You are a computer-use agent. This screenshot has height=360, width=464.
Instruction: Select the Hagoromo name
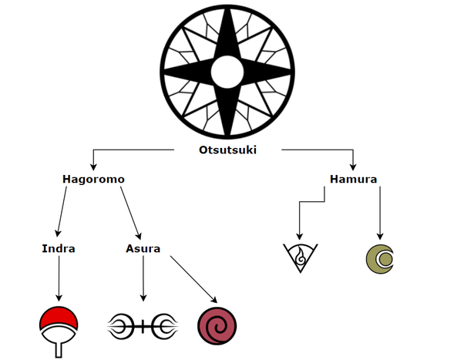pyautogui.click(x=93, y=180)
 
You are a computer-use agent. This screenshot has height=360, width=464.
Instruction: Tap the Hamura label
pyautogui.click(x=352, y=180)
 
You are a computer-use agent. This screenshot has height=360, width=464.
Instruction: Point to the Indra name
pyautogui.click(x=59, y=249)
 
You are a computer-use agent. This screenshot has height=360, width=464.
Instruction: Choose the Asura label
pyautogui.click(x=143, y=249)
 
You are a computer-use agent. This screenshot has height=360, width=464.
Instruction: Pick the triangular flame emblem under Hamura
pyautogui.click(x=299, y=257)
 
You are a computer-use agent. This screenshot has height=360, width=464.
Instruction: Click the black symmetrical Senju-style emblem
pyautogui.click(x=143, y=325)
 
